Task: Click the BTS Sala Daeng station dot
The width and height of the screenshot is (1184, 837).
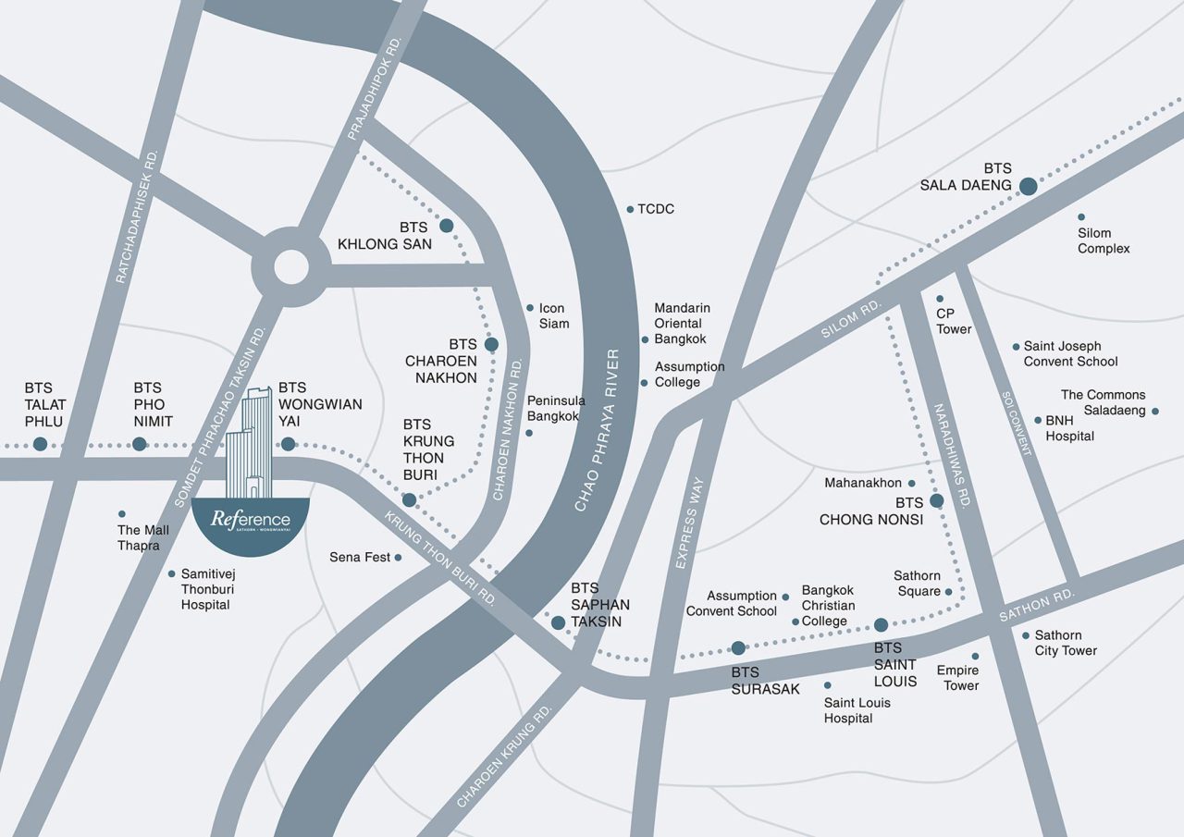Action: pos(1028,187)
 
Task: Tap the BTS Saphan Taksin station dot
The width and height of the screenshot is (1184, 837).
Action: pos(558,623)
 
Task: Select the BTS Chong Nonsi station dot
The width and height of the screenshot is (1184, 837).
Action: pos(936,501)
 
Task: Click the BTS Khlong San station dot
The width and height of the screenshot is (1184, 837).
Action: pos(446,226)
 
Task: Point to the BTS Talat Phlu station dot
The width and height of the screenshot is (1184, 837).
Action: pos(40,445)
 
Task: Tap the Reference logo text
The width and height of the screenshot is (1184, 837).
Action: pos(250,520)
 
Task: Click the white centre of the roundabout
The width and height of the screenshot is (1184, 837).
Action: pos(290,269)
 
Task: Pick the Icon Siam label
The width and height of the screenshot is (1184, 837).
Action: pos(552,315)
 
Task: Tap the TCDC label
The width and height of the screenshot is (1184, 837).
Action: pos(656,209)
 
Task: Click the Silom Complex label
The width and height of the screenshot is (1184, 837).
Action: pos(1103,240)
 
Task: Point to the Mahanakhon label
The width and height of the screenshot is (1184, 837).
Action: pos(862,483)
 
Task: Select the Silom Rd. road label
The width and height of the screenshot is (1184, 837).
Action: pos(852,319)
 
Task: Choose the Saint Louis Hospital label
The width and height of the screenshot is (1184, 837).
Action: pos(857,710)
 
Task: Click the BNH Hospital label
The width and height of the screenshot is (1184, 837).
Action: pos(1069,427)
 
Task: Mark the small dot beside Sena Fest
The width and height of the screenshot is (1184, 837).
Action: pos(399,558)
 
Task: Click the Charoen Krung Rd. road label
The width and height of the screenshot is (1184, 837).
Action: pos(504,754)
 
